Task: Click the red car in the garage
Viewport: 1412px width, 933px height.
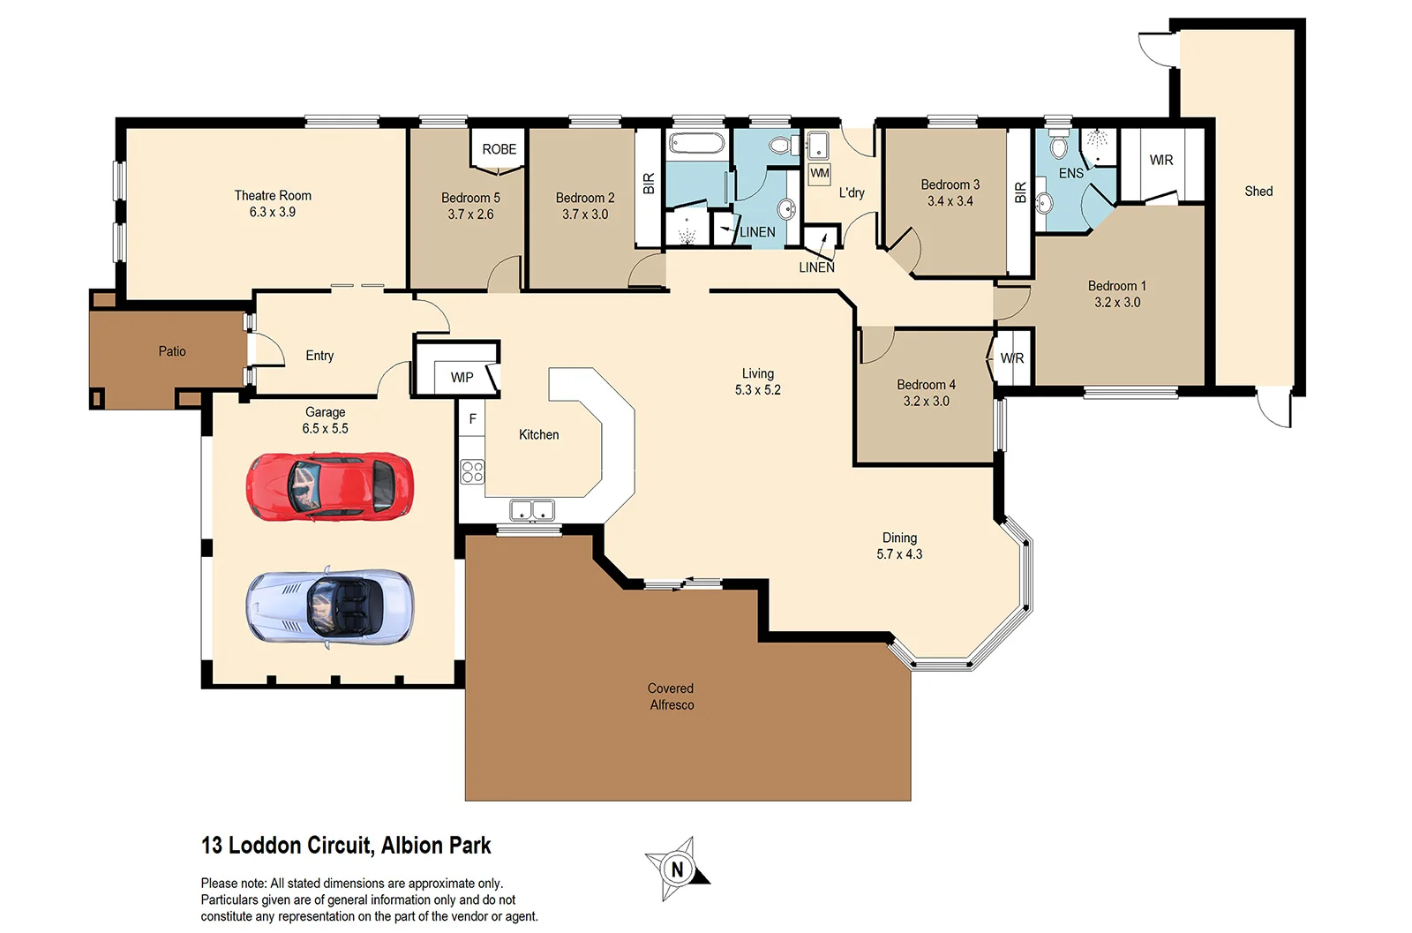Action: click(x=329, y=485)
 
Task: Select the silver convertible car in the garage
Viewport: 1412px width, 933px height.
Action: click(x=329, y=606)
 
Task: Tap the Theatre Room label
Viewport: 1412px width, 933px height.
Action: click(x=272, y=195)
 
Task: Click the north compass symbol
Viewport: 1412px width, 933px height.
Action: click(x=677, y=869)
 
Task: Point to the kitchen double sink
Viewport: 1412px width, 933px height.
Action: click(x=531, y=510)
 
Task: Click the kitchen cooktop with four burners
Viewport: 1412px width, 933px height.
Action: click(x=472, y=471)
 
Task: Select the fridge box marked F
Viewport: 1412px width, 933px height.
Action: click(x=472, y=419)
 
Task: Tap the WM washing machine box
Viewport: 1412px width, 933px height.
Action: click(x=819, y=173)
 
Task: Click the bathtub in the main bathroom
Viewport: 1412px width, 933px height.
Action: click(x=696, y=144)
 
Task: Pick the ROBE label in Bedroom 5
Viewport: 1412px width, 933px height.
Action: click(x=499, y=149)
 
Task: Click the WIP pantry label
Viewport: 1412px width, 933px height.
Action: click(x=462, y=378)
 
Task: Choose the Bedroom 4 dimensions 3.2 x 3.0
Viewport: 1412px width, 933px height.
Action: click(x=926, y=401)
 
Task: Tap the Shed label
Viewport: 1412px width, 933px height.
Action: click(x=1258, y=191)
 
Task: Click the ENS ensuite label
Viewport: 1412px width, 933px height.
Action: click(x=1070, y=174)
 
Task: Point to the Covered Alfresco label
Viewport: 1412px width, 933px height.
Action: click(x=671, y=696)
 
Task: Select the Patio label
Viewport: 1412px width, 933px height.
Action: click(x=172, y=351)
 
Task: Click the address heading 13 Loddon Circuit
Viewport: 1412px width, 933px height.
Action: click(x=346, y=846)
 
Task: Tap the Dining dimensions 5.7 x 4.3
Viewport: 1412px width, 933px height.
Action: click(x=898, y=554)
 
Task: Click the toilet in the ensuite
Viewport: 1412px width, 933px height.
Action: click(x=1059, y=146)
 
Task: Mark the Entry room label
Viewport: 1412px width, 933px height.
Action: click(x=319, y=356)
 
